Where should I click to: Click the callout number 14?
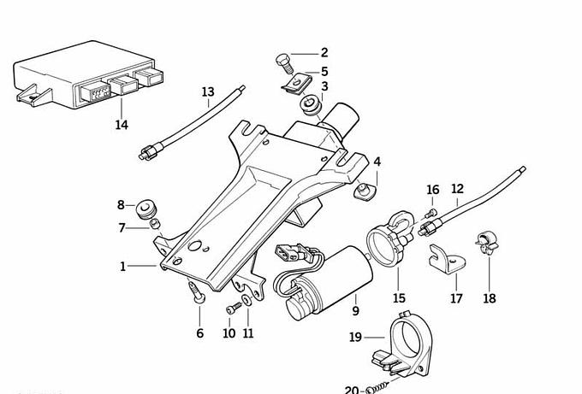point(122,125)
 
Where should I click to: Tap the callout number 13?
point(208,91)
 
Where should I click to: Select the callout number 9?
point(355,310)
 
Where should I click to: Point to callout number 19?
point(355,337)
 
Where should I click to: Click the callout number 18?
point(489,298)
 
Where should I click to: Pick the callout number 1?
point(123,267)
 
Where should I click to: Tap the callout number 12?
point(457,188)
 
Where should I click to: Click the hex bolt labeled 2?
point(284,61)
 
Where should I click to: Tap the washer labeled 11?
point(246,302)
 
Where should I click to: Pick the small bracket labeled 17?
point(443,258)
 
